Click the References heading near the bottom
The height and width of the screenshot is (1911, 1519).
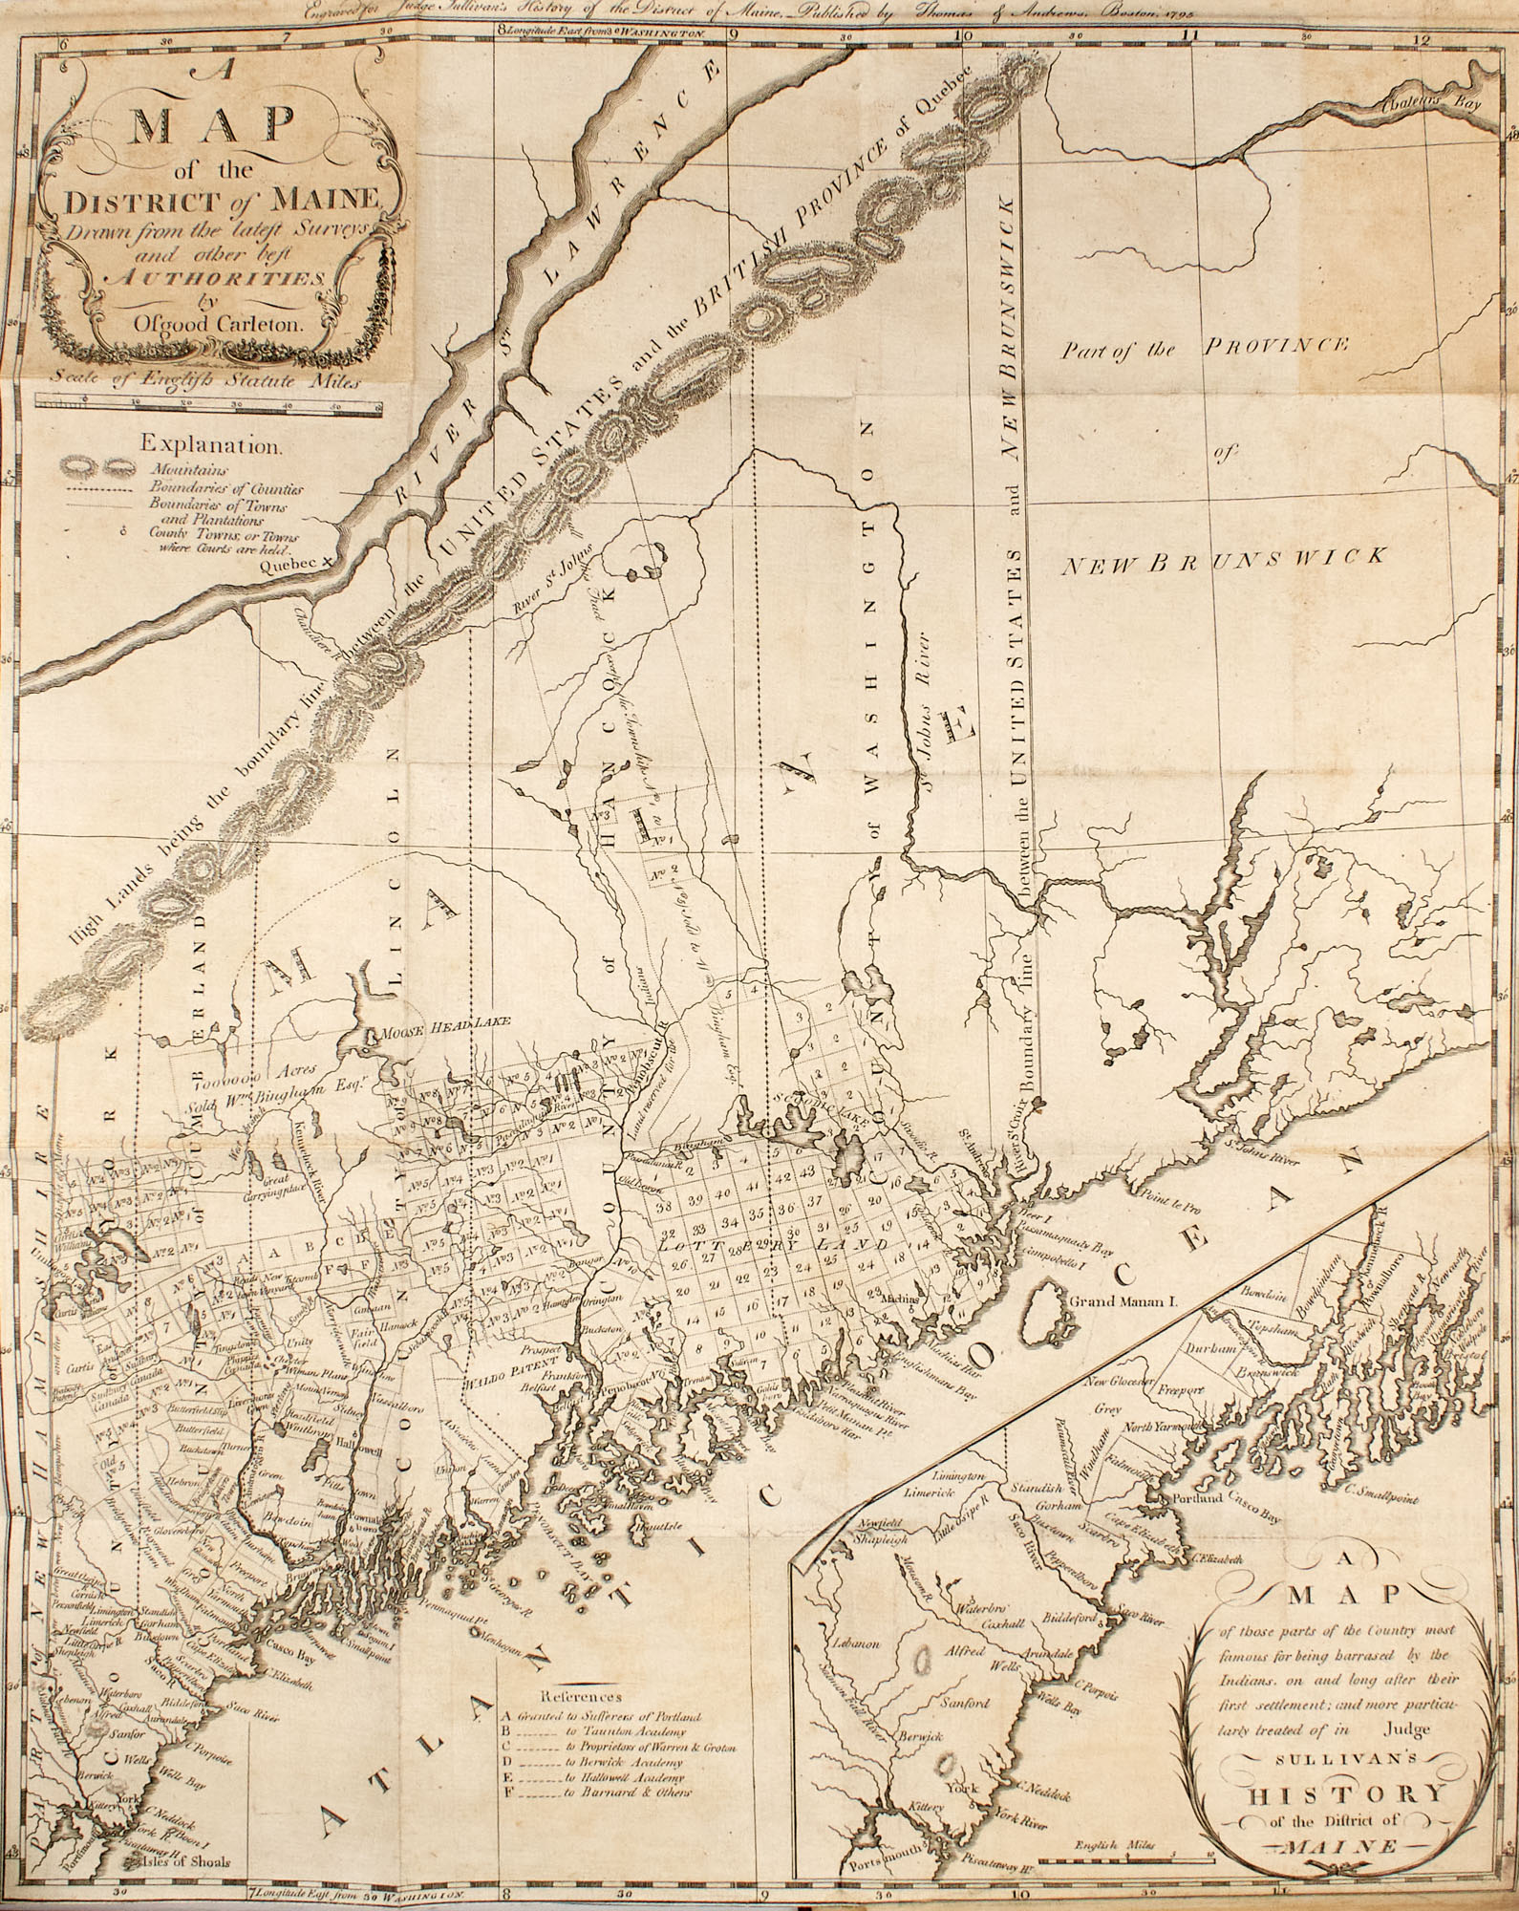581,1697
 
